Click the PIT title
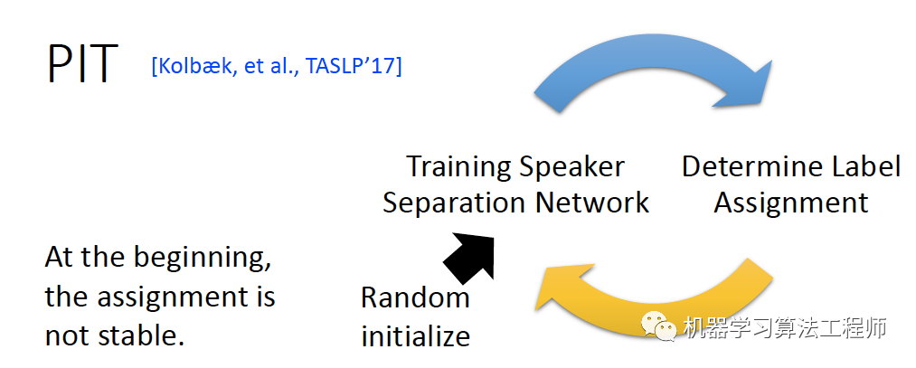[x=82, y=62]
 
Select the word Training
[x=457, y=167]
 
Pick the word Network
[x=592, y=202]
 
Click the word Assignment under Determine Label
[x=791, y=202]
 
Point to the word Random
[x=415, y=297]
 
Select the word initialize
[x=415, y=336]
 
